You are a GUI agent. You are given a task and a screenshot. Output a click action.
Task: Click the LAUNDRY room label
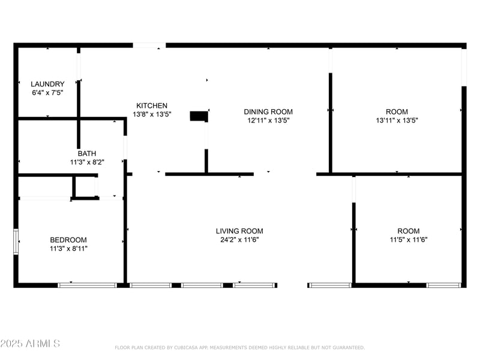[x=47, y=84]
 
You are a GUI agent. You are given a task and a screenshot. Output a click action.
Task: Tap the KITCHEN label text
[x=152, y=106]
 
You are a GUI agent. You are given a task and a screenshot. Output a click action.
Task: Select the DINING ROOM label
[x=268, y=112]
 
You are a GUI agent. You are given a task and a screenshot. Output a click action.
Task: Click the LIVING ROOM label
[x=239, y=231]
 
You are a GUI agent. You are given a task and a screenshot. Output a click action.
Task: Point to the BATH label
[x=86, y=154]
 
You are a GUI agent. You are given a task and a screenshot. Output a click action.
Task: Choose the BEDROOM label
[x=68, y=240]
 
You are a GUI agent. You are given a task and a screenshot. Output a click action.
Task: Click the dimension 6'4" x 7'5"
[x=47, y=93]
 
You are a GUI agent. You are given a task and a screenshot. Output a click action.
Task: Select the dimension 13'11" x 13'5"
[x=397, y=120]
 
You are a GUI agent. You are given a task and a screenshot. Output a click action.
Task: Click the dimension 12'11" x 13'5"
[x=268, y=120]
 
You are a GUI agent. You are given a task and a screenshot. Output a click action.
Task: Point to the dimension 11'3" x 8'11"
[x=68, y=248]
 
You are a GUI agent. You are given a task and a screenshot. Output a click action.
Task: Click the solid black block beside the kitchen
[x=199, y=116]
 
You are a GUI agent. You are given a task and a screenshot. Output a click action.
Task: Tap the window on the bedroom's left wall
[x=17, y=242]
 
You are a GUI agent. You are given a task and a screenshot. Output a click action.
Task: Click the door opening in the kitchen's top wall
[x=149, y=45]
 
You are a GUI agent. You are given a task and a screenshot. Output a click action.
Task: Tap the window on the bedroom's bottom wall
[x=87, y=285]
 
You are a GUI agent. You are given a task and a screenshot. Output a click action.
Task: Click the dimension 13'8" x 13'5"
[x=152, y=114]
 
